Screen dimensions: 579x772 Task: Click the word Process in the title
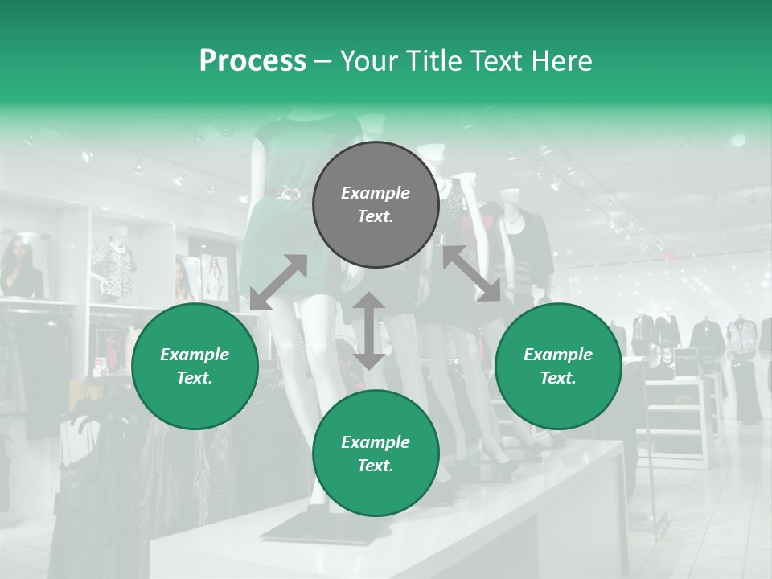(253, 61)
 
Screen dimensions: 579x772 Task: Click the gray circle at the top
(376, 204)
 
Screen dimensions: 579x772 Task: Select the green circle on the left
(195, 366)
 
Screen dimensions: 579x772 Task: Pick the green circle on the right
(558, 366)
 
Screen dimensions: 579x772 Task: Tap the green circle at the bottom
(376, 454)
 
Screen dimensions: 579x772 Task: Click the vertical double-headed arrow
(369, 331)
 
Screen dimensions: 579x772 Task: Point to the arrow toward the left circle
(278, 282)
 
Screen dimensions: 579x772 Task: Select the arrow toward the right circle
(471, 273)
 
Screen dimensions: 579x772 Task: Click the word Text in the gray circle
(375, 216)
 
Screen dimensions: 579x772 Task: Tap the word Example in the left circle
(195, 355)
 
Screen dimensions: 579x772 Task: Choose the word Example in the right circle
(558, 355)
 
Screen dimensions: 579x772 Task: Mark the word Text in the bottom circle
(375, 466)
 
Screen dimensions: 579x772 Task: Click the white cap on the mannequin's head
(434, 150)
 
